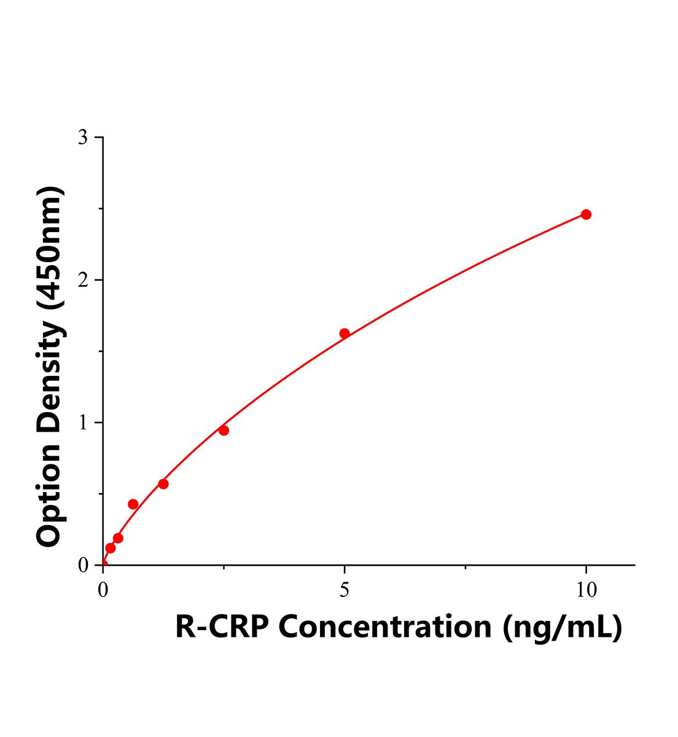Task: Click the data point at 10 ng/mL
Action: pyautogui.click(x=586, y=214)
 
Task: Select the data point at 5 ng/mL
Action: pyautogui.click(x=345, y=333)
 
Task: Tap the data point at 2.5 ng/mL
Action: pyautogui.click(x=224, y=431)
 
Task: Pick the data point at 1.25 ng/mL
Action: pyautogui.click(x=163, y=484)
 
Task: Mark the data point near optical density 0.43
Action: pyautogui.click(x=133, y=504)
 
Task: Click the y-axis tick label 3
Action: pyautogui.click(x=82, y=138)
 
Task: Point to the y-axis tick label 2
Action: pyautogui.click(x=82, y=280)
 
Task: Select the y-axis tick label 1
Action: pyautogui.click(x=82, y=423)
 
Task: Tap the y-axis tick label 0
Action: pyautogui.click(x=82, y=565)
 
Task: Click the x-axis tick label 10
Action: pyautogui.click(x=586, y=590)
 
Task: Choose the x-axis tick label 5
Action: pyautogui.click(x=345, y=590)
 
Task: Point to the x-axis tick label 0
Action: pyautogui.click(x=103, y=590)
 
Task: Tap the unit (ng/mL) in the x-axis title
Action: pyautogui.click(x=562, y=627)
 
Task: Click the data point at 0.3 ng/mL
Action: pyautogui.click(x=118, y=538)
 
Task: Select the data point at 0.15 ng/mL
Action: pyautogui.click(x=111, y=548)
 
